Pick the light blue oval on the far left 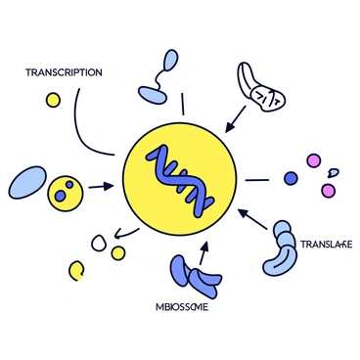tap(24, 181)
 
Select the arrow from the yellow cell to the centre tap(99, 184)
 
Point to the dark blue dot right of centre tap(290, 178)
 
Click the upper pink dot tap(314, 158)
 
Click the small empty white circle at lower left tap(99, 241)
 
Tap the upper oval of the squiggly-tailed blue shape tap(170, 61)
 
